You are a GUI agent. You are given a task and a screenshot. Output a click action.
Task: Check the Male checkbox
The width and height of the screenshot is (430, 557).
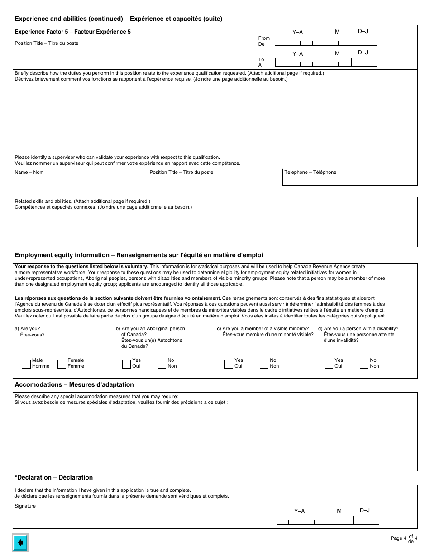[x=26, y=364]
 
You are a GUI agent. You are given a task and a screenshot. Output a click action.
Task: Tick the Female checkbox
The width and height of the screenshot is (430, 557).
[x=62, y=364]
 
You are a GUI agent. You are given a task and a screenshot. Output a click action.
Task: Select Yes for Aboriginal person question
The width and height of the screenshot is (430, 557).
[x=126, y=364]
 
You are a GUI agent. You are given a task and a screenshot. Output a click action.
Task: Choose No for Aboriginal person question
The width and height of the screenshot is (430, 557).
[x=162, y=364]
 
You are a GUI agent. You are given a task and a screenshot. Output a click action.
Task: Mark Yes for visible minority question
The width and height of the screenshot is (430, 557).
[x=229, y=364]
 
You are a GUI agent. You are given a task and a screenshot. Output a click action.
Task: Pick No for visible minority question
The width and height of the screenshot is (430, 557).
[x=264, y=364]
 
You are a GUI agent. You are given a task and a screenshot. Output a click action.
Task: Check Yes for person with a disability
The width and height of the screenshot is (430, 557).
[x=329, y=364]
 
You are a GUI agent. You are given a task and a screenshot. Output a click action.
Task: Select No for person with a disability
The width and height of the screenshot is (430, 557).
[x=364, y=364]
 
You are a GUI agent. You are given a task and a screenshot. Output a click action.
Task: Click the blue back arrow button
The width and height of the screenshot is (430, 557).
[x=20, y=543]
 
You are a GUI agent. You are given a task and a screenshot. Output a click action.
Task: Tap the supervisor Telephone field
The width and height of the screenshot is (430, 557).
[x=350, y=180]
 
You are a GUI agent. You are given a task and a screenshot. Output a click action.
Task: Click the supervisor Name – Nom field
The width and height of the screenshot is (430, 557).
[x=80, y=180]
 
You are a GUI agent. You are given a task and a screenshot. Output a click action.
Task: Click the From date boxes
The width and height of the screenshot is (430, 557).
[x=326, y=41]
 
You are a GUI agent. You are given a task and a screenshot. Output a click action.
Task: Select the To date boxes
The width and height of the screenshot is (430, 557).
[x=326, y=63]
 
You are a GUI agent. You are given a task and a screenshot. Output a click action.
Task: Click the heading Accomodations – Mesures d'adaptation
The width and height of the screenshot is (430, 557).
[x=74, y=384]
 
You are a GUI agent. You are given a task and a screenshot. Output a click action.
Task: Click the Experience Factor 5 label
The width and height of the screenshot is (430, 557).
[x=73, y=32]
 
